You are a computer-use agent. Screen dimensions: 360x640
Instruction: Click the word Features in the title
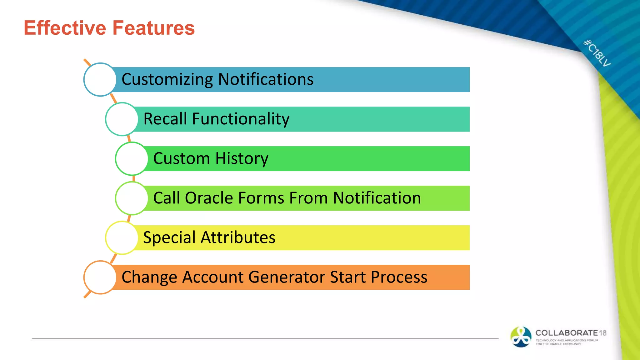[153, 28]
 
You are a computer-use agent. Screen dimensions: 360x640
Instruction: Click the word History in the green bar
[242, 158]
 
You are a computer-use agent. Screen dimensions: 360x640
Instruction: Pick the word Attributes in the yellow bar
[238, 237]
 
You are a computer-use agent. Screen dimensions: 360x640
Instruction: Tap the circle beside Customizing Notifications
[100, 79]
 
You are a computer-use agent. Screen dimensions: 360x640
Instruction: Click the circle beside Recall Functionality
[122, 119]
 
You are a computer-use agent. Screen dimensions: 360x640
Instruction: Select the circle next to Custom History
[132, 158]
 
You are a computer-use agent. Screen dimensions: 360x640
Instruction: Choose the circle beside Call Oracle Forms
[132, 198]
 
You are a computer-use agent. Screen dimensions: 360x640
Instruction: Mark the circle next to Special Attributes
[122, 237]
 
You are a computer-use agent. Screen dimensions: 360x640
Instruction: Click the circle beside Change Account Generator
[100, 277]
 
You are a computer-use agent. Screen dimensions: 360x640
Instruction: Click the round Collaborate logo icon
[521, 337]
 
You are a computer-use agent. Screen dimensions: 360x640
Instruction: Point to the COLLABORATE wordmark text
[566, 333]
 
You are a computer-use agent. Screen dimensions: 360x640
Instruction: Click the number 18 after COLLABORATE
[602, 333]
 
